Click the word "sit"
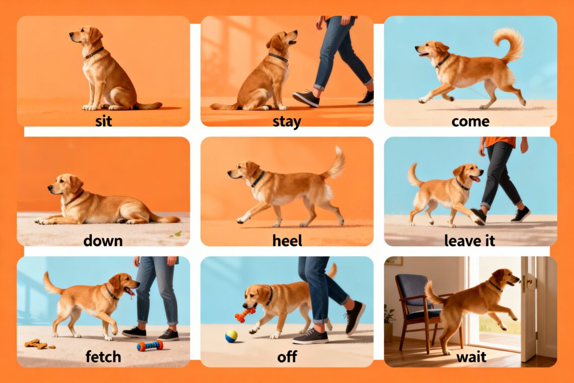point(103,121)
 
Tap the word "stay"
point(286,121)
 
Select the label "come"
point(470,121)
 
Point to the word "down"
point(103,241)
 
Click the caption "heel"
point(287,241)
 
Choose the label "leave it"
point(470,241)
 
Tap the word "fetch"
point(103,356)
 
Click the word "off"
point(287,356)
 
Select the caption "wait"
point(471,357)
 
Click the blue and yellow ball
point(231,336)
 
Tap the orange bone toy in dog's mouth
point(245,314)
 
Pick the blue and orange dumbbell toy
point(150,345)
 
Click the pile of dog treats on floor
point(38,344)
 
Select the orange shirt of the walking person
point(500,141)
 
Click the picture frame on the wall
point(393,261)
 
